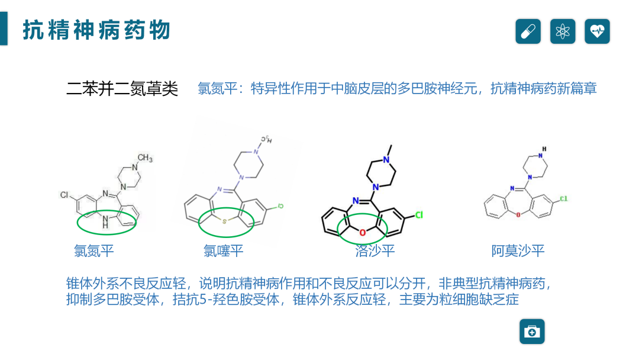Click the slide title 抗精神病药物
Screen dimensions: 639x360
[96, 30]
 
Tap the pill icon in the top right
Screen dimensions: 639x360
[528, 31]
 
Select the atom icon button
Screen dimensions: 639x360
[563, 31]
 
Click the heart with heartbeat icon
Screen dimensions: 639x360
[597, 31]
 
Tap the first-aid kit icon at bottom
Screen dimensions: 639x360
[532, 332]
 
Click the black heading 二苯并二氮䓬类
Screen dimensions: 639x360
[122, 89]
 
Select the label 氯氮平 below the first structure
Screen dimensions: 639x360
[94, 251]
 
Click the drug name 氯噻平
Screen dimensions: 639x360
[224, 251]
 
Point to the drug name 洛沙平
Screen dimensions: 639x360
[375, 251]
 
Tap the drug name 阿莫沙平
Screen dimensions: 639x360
[518, 251]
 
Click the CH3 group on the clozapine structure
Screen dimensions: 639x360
[144, 159]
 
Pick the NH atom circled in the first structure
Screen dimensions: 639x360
[105, 223]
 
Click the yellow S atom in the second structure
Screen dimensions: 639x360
[224, 221]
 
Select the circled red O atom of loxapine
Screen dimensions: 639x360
[362, 232]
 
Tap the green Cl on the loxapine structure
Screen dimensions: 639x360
[418, 215]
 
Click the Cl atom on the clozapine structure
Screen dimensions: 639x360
[64, 194]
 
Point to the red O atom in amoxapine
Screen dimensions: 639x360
[518, 214]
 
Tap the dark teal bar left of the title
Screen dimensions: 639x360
[4, 28]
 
